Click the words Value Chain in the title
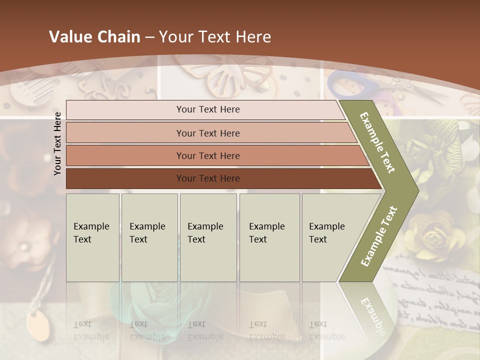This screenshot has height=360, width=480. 94,37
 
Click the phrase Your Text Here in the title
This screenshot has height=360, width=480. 215,37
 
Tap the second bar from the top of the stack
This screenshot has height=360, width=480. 208,133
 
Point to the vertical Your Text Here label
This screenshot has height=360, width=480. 57,143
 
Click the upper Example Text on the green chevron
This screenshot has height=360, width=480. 377,142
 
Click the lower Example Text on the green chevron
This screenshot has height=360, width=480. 378,236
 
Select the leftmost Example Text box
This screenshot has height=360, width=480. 92,237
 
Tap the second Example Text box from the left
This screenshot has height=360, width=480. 149,237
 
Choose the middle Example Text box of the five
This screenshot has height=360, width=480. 208,237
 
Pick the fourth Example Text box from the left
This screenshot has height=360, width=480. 269,237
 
